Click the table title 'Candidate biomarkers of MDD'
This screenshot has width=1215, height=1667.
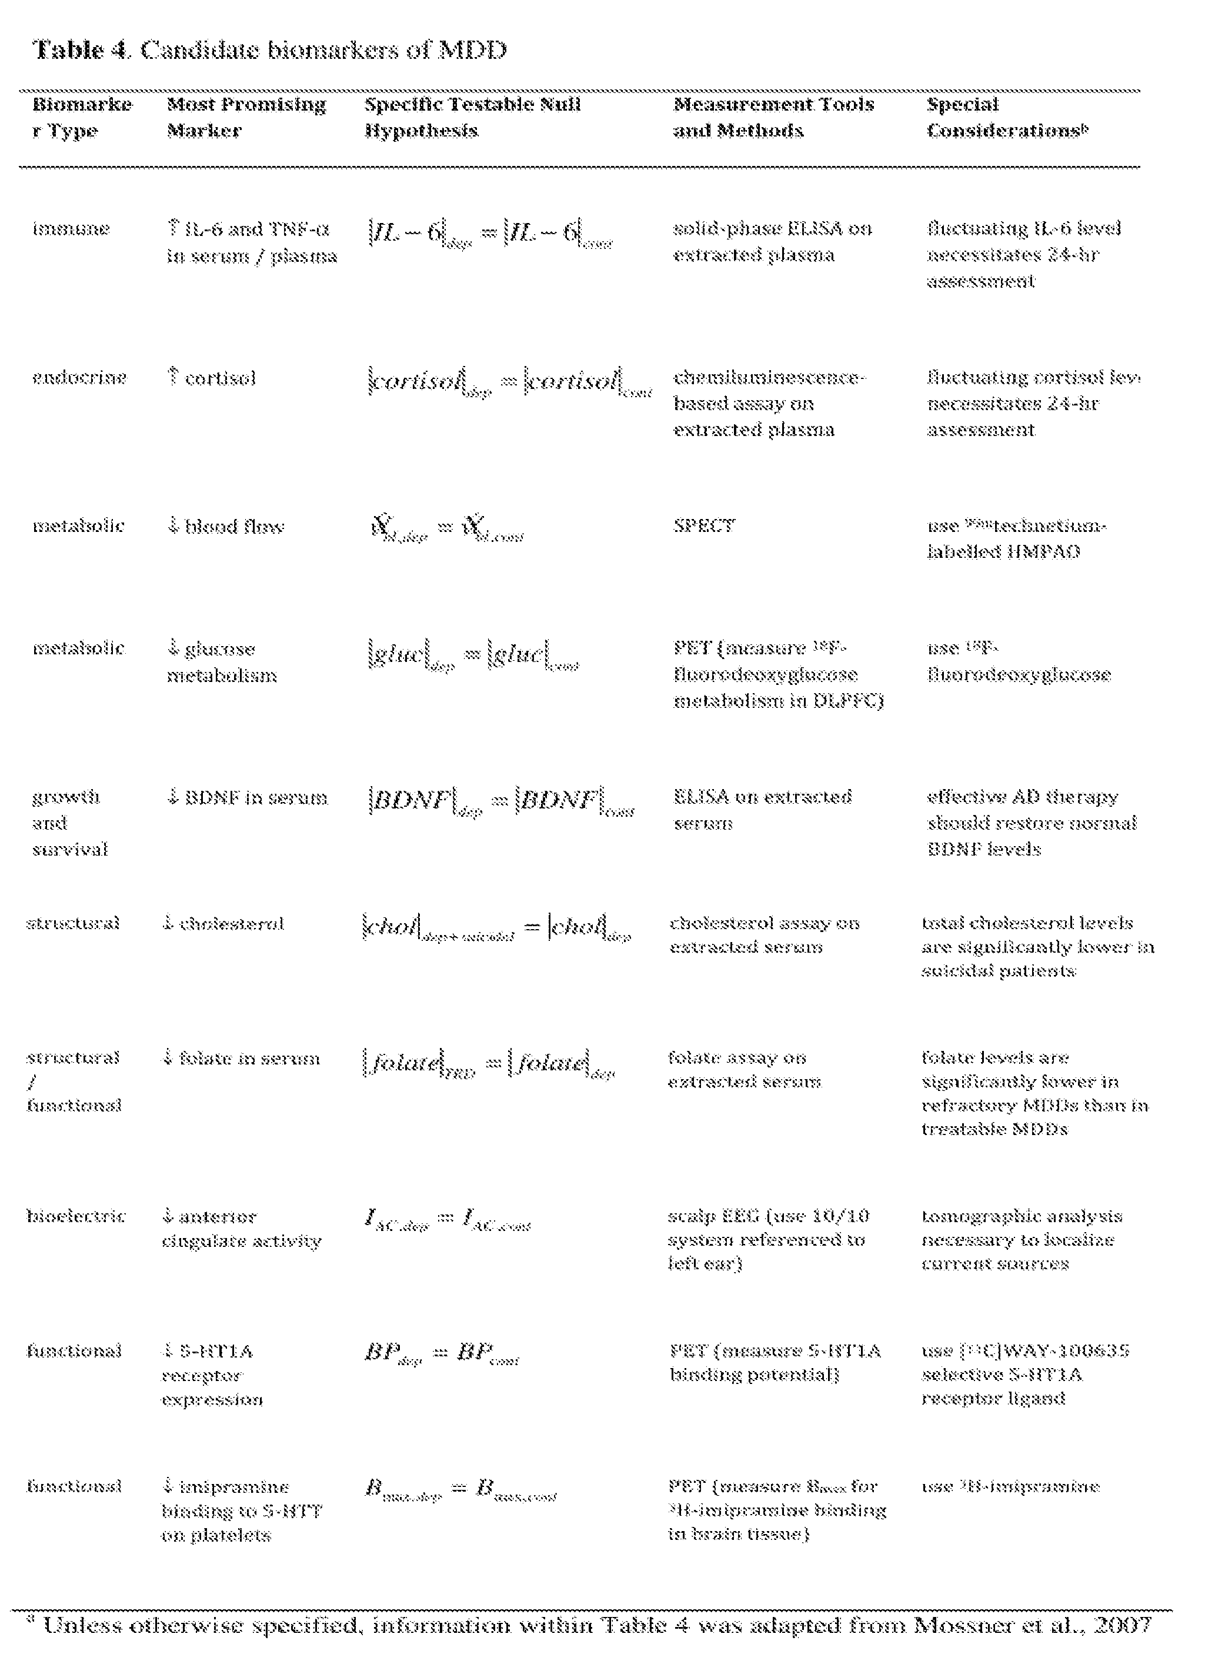323,50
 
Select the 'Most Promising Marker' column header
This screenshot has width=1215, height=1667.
246,117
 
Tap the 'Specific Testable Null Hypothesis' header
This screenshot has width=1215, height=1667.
472,117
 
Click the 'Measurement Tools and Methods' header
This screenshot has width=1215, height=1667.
773,117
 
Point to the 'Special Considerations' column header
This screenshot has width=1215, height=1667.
1007,117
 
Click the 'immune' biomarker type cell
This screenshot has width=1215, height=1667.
71,229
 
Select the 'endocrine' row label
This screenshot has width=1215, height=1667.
79,378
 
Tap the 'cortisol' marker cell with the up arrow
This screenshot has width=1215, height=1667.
212,378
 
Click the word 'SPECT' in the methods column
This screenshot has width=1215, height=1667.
704,526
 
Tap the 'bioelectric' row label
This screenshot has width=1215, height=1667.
75,1216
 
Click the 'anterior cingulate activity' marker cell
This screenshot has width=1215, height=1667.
241,1229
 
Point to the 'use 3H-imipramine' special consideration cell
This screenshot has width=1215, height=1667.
1010,1486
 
